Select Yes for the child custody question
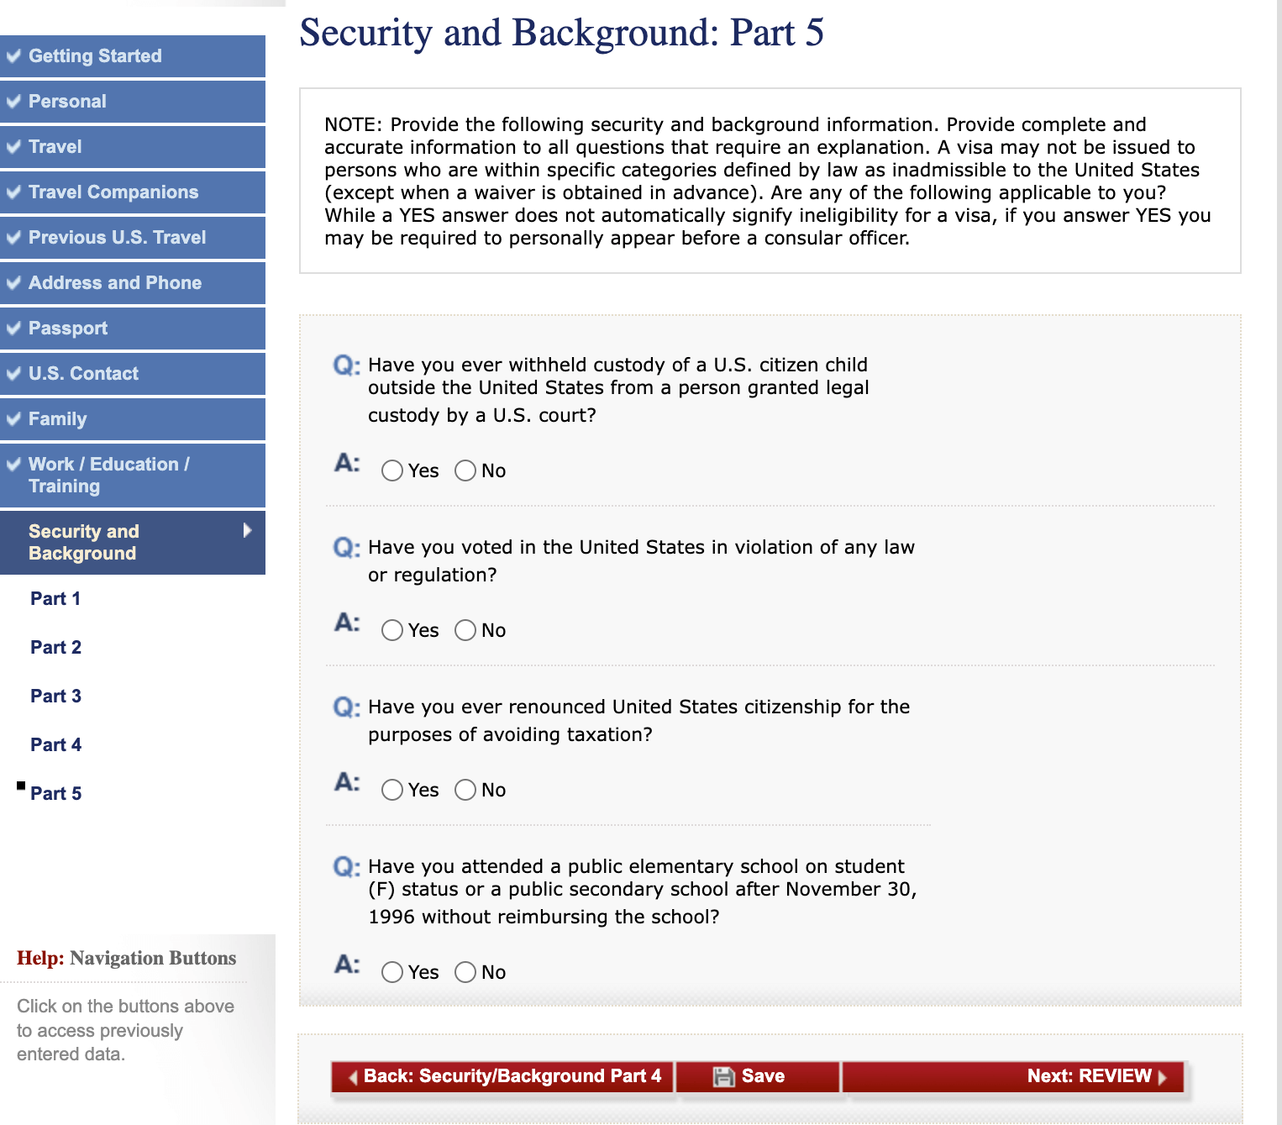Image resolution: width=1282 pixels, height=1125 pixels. (x=392, y=471)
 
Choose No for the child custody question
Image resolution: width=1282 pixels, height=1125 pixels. (x=465, y=471)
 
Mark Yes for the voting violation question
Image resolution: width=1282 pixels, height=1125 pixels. (x=392, y=630)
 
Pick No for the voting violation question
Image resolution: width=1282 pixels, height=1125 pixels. (x=465, y=630)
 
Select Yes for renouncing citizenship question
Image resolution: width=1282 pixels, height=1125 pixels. (x=392, y=790)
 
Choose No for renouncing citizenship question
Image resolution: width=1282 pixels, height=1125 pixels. (x=465, y=790)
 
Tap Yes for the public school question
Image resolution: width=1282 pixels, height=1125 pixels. (x=392, y=972)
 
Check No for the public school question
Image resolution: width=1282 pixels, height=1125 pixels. (x=465, y=972)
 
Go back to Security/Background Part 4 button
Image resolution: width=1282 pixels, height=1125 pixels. (x=503, y=1076)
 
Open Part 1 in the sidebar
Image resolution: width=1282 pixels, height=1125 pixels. (x=55, y=599)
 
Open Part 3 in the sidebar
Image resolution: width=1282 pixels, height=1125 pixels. (x=55, y=697)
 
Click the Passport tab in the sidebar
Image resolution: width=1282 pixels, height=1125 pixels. (x=68, y=329)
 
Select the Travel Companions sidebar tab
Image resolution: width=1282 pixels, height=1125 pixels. (x=113, y=192)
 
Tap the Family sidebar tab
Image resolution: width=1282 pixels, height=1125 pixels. (x=57, y=419)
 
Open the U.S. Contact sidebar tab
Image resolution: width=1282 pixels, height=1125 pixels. (x=83, y=374)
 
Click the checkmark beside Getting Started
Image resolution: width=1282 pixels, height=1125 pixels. (x=13, y=56)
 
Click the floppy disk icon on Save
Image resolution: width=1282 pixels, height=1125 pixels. (x=723, y=1076)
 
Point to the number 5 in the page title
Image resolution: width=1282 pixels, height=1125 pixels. (x=814, y=33)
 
